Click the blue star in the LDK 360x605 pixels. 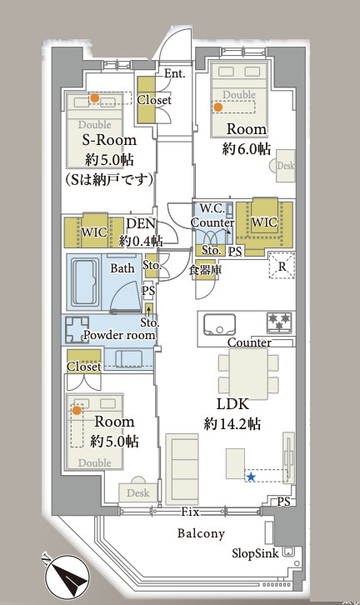(x=251, y=477)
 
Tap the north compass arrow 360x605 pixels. (x=67, y=577)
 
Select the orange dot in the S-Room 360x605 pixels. (x=94, y=98)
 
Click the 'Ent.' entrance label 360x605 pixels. (x=174, y=73)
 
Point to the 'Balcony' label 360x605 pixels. (x=201, y=533)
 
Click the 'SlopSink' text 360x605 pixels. (x=255, y=553)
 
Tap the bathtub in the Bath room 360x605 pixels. (x=84, y=282)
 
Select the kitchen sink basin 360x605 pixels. (x=219, y=325)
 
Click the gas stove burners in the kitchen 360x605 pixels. (x=279, y=322)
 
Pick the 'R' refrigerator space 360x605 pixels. (x=282, y=266)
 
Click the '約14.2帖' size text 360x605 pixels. (x=232, y=423)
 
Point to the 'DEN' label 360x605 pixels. (x=141, y=223)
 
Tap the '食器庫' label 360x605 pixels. (x=205, y=270)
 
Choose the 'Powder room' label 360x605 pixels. (x=119, y=335)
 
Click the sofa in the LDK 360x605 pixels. (x=182, y=469)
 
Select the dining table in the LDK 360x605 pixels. (x=248, y=373)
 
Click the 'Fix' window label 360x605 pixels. (x=190, y=512)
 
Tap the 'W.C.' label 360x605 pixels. (x=212, y=208)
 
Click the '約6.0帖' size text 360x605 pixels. (x=246, y=148)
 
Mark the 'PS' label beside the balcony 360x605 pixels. (x=283, y=502)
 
